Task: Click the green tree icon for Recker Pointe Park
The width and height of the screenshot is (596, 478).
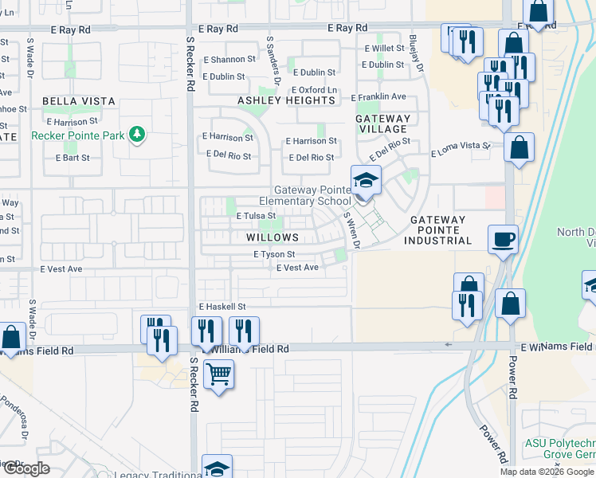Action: tap(137, 135)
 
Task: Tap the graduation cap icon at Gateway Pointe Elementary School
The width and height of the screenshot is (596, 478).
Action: tap(366, 181)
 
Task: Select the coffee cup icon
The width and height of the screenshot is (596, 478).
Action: tap(503, 238)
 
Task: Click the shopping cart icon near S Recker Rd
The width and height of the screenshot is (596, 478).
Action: tap(218, 373)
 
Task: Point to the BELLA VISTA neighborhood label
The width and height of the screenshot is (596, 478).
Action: tap(79, 101)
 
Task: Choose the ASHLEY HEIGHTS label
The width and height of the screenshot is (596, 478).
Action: tap(286, 100)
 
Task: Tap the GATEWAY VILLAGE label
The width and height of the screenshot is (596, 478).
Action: tap(382, 124)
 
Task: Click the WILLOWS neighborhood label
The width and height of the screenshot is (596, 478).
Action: tap(273, 237)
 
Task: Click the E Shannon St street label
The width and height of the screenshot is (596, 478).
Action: tap(229, 59)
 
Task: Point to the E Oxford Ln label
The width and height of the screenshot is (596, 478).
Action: tap(314, 90)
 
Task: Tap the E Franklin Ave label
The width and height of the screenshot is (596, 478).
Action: tap(379, 96)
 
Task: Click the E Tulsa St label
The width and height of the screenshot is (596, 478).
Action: tap(256, 215)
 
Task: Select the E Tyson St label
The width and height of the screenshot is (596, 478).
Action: tap(275, 255)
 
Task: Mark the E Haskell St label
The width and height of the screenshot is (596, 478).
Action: tap(222, 306)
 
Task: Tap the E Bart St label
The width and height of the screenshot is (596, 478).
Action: tap(73, 158)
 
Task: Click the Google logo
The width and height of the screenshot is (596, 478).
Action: tap(25, 468)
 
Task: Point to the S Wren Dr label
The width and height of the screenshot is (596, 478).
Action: tap(351, 229)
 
